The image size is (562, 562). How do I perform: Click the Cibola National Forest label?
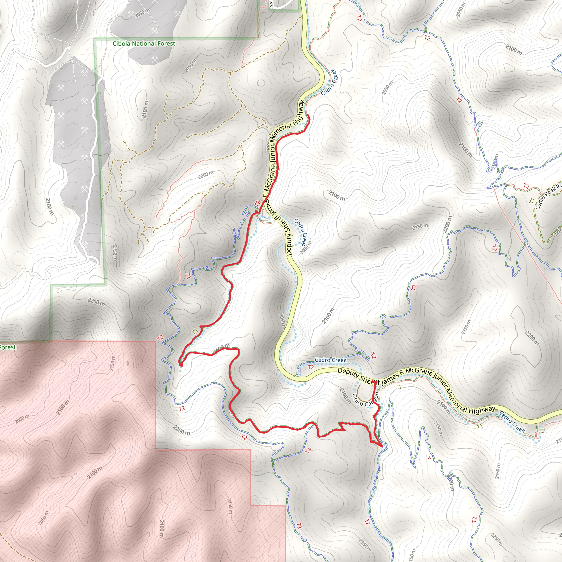click(144, 44)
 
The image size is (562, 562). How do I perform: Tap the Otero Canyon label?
click(365, 400)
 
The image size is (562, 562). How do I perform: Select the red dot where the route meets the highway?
click(375, 383)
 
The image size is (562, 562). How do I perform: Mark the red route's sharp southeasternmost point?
click(382, 446)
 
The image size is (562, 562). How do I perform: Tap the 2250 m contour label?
click(496, 539)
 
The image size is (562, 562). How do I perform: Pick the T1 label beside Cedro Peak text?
click(532, 201)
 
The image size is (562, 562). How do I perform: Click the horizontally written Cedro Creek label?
click(330, 360)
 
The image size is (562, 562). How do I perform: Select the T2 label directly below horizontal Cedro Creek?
click(311, 367)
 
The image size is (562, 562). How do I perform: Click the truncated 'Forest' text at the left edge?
click(8, 347)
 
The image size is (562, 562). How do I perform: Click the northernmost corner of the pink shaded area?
click(156, 341)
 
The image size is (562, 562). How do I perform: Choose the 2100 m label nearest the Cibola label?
click(145, 109)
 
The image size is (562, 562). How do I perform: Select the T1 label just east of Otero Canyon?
click(398, 387)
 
